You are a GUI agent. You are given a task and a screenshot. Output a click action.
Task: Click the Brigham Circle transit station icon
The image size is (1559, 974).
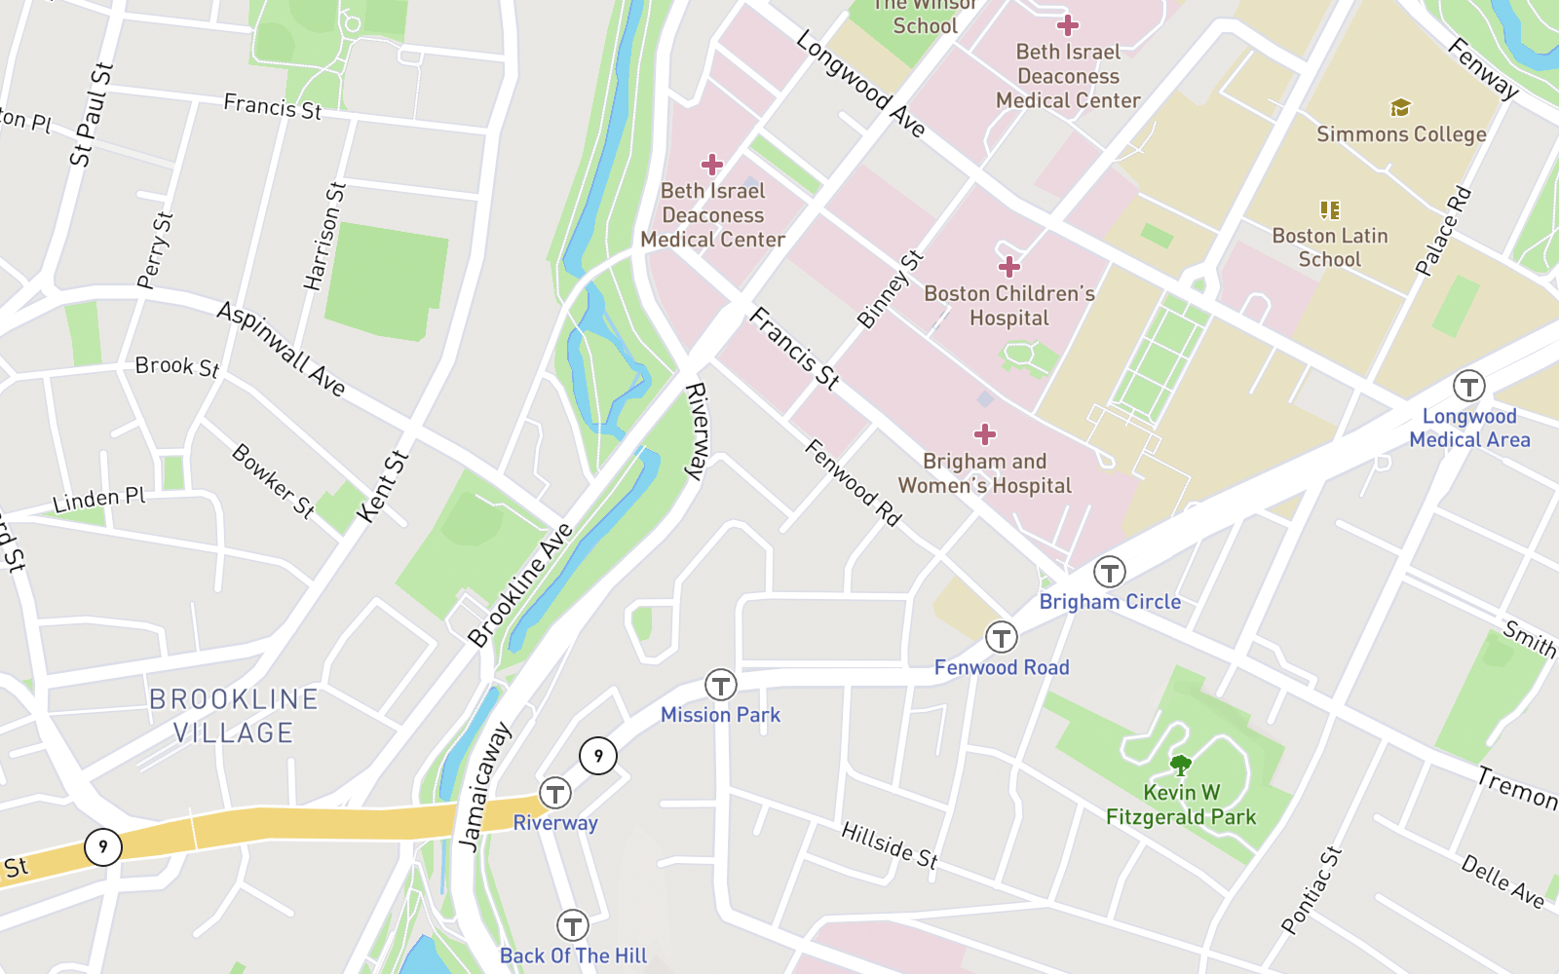(x=1109, y=572)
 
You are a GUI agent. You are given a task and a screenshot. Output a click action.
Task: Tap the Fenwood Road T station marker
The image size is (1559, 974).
(x=1001, y=638)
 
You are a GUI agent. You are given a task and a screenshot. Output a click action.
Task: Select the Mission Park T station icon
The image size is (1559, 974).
(x=720, y=685)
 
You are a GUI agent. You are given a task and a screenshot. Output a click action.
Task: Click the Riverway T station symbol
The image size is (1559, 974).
(x=555, y=793)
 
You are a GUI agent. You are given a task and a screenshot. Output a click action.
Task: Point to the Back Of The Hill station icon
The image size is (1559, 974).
(x=572, y=925)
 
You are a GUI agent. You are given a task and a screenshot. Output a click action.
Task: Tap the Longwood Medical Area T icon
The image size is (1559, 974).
(x=1468, y=386)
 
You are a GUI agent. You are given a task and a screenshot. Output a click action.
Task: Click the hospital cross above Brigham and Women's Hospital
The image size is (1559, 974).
(x=985, y=434)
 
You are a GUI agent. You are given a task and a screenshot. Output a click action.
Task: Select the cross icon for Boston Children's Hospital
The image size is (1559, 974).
(x=1009, y=266)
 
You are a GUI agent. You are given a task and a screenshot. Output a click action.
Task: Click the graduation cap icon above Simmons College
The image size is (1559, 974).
(x=1400, y=107)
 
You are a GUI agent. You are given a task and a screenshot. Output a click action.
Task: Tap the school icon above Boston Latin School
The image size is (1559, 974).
(x=1330, y=209)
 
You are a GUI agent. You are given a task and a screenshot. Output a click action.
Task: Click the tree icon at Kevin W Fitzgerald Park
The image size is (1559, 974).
(x=1180, y=765)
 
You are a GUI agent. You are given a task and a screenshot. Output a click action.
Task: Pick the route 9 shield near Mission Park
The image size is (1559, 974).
(x=598, y=755)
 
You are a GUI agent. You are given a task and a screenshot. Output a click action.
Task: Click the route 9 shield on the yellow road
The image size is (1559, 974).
(x=103, y=846)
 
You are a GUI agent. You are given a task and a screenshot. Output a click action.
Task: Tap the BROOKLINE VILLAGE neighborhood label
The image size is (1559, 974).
(x=234, y=716)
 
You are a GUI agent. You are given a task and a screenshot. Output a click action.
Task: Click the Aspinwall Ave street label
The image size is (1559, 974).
(x=281, y=348)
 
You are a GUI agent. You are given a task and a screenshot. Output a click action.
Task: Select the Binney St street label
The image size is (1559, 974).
(x=890, y=289)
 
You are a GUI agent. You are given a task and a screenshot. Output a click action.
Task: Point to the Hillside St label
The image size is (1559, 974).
(x=890, y=844)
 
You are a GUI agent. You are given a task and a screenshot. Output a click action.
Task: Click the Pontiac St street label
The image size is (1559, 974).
(x=1312, y=890)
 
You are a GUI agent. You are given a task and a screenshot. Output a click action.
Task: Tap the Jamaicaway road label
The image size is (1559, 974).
(x=483, y=787)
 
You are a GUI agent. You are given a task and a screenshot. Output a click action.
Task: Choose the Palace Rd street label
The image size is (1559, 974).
(x=1443, y=231)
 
